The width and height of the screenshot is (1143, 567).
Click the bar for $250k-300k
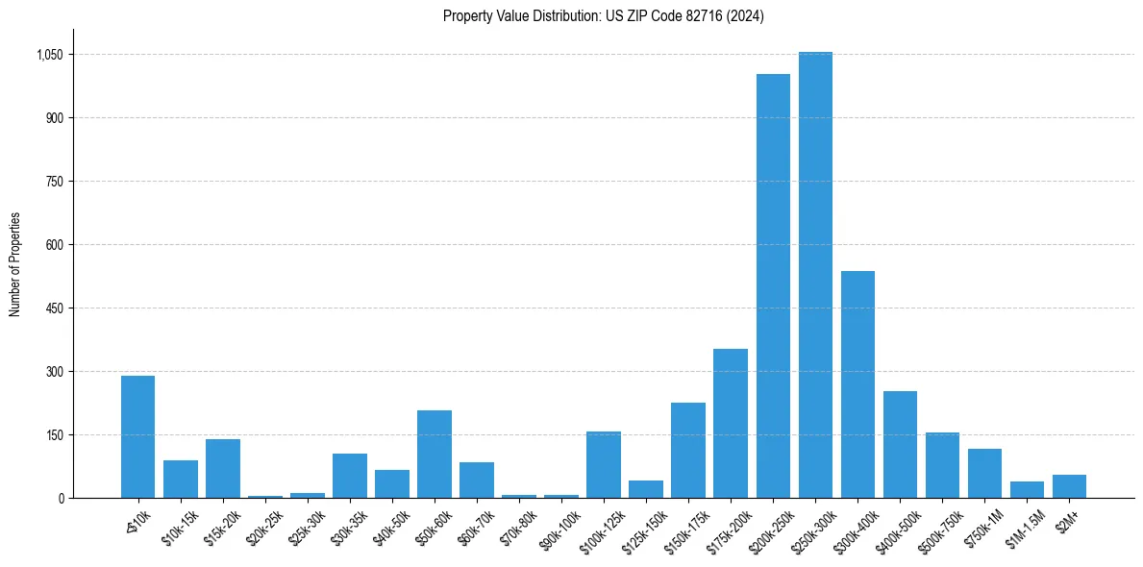pos(815,275)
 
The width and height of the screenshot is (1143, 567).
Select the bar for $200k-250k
pos(773,285)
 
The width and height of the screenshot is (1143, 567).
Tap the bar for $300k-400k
pos(857,384)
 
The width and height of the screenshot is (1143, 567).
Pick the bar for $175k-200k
pos(731,423)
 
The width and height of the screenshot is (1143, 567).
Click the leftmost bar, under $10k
pos(137,436)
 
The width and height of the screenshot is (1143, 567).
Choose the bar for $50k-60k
pos(435,454)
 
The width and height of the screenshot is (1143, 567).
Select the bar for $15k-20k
pos(222,468)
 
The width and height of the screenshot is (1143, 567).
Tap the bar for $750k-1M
pos(984,473)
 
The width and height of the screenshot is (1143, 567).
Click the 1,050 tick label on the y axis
pos(49,55)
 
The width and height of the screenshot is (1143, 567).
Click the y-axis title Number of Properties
pos(15,263)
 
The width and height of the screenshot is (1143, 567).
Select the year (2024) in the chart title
pos(744,16)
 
